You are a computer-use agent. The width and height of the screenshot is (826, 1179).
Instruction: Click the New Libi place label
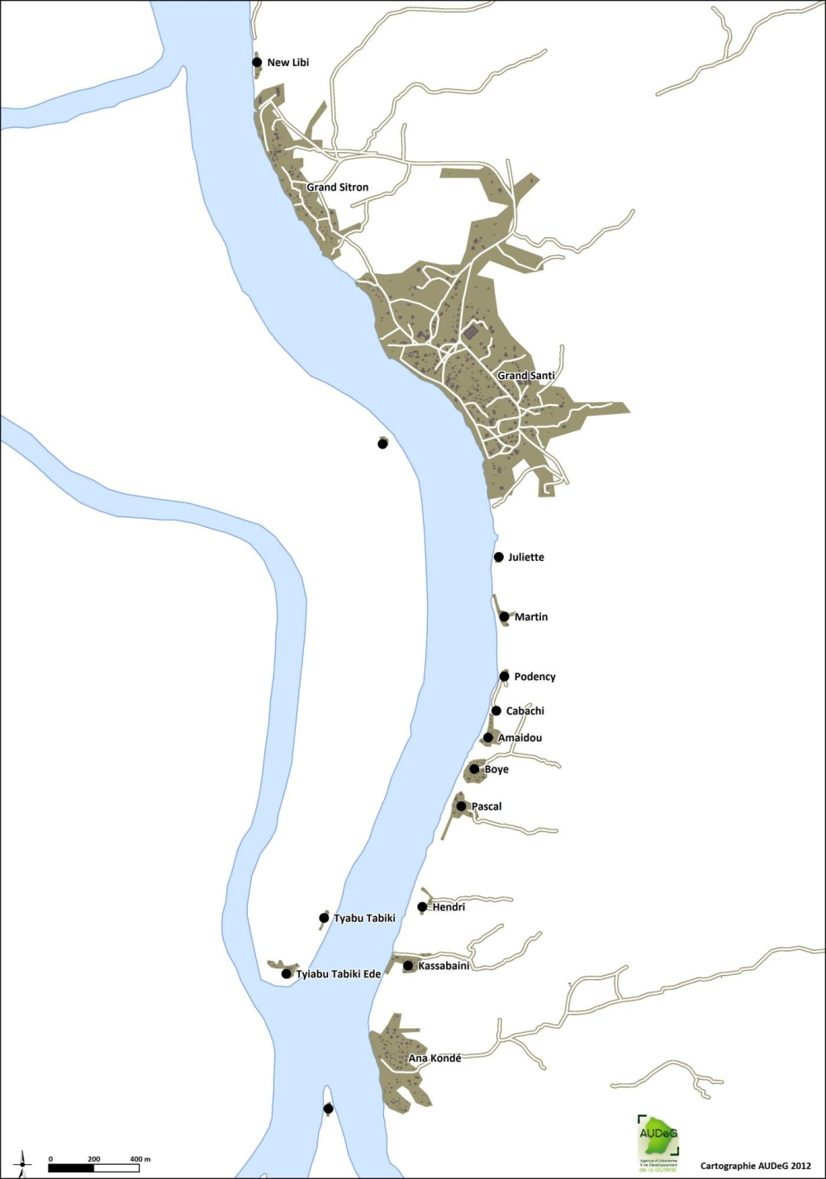coord(287,63)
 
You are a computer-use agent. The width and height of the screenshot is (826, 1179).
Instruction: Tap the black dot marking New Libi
coord(257,62)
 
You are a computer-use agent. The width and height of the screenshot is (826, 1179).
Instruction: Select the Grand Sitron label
coord(337,188)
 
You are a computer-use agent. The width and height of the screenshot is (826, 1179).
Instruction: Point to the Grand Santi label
coord(525,376)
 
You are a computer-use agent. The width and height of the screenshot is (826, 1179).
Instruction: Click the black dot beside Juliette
coord(499,557)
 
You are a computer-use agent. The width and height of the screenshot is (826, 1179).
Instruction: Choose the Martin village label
coord(530,617)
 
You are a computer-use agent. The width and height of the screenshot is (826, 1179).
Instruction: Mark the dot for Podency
coord(504,676)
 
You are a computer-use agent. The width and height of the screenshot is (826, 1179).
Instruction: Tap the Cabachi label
coord(525,711)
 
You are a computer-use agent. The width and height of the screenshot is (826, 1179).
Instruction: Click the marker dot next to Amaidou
coord(488,738)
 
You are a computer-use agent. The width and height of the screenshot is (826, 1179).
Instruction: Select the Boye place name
coord(496,769)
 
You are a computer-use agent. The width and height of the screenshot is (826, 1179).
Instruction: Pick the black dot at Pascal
coord(461,806)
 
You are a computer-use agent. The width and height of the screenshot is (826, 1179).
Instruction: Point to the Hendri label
coord(449,907)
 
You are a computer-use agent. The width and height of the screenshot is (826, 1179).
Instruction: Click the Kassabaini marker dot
coord(408,966)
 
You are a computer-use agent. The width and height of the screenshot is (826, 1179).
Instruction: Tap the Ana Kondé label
coord(434,1058)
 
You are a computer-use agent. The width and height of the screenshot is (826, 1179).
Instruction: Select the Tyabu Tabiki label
coord(364,918)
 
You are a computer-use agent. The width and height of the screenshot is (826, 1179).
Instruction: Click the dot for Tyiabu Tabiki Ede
coord(287,974)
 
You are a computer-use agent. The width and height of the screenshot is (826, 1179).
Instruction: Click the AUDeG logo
coord(657,1143)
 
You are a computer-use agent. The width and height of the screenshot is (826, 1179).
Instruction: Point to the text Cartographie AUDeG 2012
coord(756,1166)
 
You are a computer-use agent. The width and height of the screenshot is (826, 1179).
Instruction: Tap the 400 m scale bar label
coord(139,1159)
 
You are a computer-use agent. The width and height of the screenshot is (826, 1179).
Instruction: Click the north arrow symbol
coord(22,1161)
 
